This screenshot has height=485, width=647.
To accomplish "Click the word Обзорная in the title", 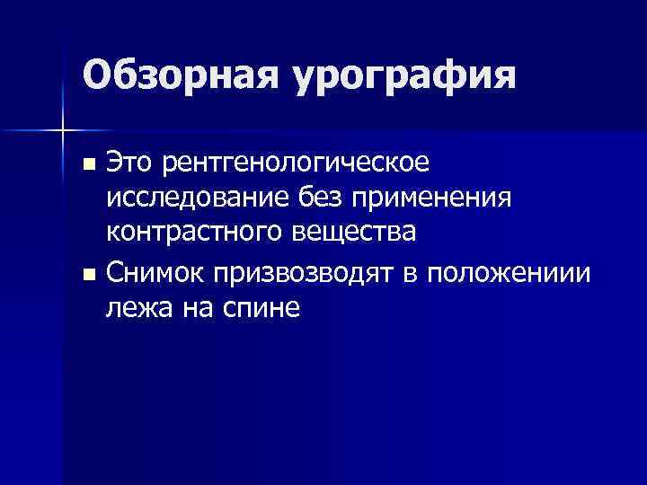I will click(x=181, y=75).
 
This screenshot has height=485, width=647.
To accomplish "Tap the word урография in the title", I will click(x=403, y=76).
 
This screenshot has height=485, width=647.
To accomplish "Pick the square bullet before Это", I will click(x=87, y=164).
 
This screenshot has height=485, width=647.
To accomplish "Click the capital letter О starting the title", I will click(x=97, y=75).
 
